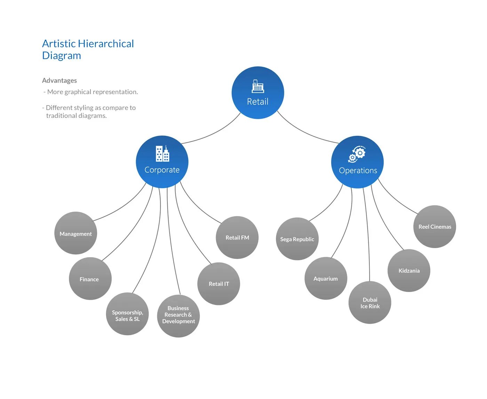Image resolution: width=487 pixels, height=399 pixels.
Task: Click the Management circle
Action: [x=75, y=233]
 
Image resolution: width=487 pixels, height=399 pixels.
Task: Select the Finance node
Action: [x=90, y=279]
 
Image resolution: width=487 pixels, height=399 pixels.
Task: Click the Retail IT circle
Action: [x=219, y=284]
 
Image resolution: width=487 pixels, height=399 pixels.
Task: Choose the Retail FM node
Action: [x=237, y=238]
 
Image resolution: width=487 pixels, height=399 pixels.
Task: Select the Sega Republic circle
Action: [x=297, y=239]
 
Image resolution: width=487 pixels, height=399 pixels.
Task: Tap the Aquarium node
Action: [x=326, y=278]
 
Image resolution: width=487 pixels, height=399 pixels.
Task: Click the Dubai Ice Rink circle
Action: [x=370, y=302]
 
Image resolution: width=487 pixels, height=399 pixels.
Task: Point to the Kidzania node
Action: [x=409, y=271]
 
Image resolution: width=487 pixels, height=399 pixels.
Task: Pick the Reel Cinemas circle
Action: [x=434, y=227]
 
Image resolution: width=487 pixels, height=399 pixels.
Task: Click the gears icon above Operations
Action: [x=357, y=154]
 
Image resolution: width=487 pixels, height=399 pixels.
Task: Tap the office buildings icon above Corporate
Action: [x=162, y=154]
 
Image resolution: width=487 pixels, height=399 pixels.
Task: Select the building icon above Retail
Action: [x=258, y=86]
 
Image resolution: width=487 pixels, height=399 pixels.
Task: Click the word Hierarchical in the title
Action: [x=106, y=44]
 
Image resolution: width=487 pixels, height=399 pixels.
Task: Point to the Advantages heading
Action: [x=59, y=80]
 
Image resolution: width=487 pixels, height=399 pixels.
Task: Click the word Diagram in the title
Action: [x=62, y=56]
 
